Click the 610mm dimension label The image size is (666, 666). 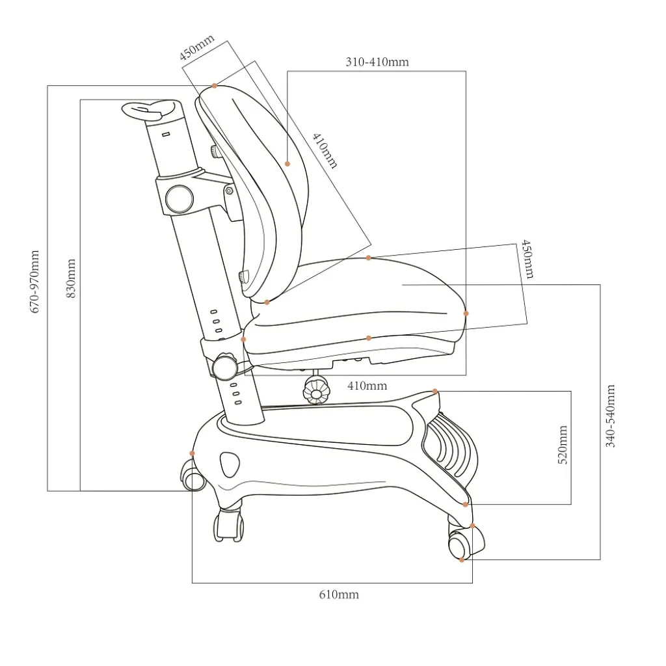339,594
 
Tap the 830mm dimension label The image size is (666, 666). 72,278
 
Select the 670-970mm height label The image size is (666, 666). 35,282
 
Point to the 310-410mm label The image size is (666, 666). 377,62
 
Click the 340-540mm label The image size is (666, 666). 610,416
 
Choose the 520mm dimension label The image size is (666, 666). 563,445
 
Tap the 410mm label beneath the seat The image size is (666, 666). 367,386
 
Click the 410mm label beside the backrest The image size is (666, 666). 325,150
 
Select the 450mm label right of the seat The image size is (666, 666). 527,259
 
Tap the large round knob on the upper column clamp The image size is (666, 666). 180,199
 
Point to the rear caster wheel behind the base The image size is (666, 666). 193,475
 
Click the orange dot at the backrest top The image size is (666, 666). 215,86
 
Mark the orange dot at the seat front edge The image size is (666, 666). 466,313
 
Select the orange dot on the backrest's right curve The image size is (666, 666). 287,163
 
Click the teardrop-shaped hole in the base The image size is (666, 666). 230,464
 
